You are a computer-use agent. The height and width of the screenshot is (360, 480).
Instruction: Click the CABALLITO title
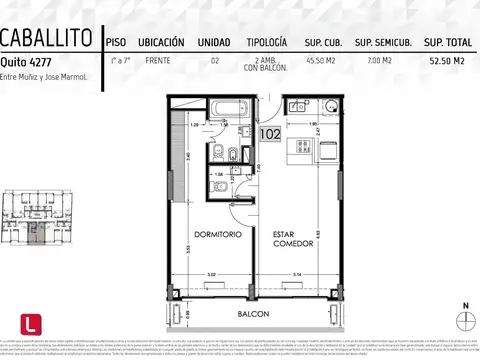(x=47, y=39)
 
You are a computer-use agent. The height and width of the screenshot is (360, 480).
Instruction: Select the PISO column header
(x=115, y=42)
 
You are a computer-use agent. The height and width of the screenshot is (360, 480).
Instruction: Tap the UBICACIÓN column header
(x=160, y=42)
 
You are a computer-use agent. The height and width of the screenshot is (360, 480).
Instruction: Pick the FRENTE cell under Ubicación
(x=157, y=62)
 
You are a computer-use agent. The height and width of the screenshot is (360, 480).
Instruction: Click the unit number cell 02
(x=215, y=62)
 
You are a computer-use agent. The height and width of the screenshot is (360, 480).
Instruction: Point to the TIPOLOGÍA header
(x=266, y=42)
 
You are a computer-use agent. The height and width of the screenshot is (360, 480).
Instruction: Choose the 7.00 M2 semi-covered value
(x=381, y=62)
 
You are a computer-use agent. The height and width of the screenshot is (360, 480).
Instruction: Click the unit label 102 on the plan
(x=269, y=132)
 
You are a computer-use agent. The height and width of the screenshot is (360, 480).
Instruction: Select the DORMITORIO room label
(x=212, y=234)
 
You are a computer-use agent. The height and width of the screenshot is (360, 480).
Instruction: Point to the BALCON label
(x=251, y=313)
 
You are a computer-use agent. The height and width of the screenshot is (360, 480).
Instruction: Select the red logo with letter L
(x=31, y=324)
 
